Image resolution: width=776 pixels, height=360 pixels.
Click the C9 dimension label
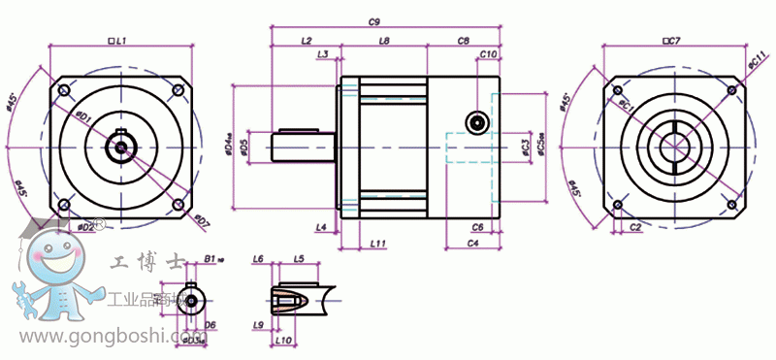[373, 20]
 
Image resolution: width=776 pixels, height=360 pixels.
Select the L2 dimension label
[307, 42]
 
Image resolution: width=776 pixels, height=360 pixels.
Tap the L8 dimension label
[384, 42]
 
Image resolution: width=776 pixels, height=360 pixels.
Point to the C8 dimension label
[463, 42]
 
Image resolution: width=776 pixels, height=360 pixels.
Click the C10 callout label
[489, 54]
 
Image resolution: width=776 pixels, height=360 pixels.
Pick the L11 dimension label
[378, 243]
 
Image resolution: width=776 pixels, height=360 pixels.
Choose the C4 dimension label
[472, 243]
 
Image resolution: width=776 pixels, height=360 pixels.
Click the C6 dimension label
[477, 226]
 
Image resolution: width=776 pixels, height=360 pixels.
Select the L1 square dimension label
[117, 42]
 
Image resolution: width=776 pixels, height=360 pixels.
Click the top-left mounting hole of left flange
[64, 90]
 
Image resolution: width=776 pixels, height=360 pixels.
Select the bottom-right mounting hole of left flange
[178, 205]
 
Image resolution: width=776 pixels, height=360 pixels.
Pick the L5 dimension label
[299, 259]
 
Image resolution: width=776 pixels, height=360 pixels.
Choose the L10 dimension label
[283, 341]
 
